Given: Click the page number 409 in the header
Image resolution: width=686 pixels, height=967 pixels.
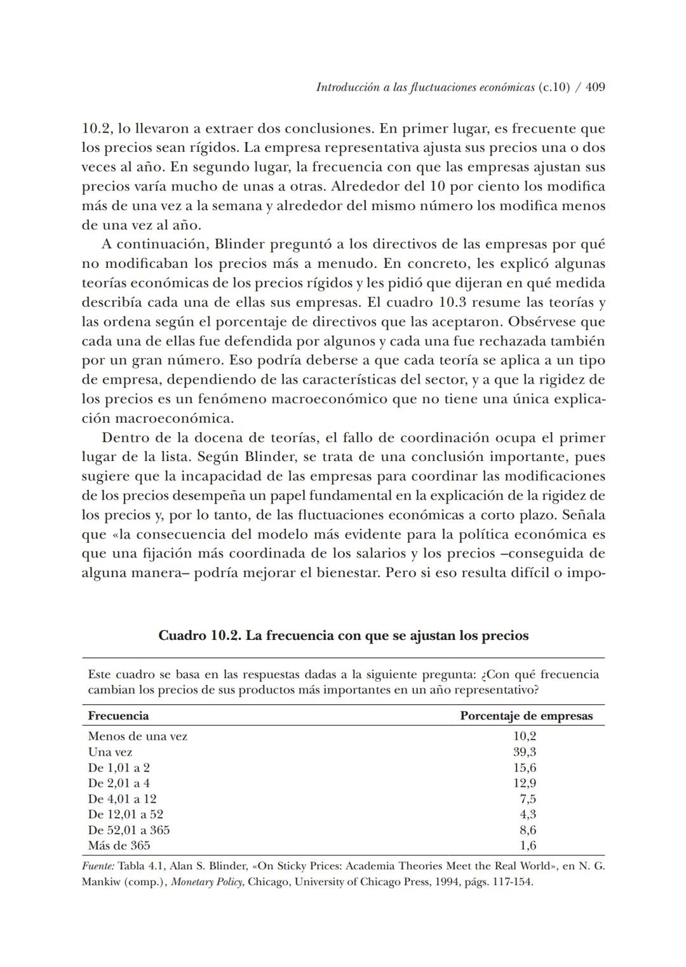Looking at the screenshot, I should pos(595,88).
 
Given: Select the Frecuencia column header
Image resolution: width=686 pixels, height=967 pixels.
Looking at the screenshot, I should pos(118,716).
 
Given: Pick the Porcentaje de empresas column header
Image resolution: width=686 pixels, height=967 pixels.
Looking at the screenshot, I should pos(526,716).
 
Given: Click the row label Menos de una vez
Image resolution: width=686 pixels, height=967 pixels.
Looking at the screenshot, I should pos(137,737).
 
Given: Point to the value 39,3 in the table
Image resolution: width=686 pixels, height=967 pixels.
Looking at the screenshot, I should pos(524,752).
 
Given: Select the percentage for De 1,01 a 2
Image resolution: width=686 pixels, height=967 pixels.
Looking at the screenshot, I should pos(524,768).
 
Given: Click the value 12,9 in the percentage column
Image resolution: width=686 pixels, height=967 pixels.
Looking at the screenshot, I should pos(524,784).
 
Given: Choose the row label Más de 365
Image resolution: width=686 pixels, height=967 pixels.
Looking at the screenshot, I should pos(119,846).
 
